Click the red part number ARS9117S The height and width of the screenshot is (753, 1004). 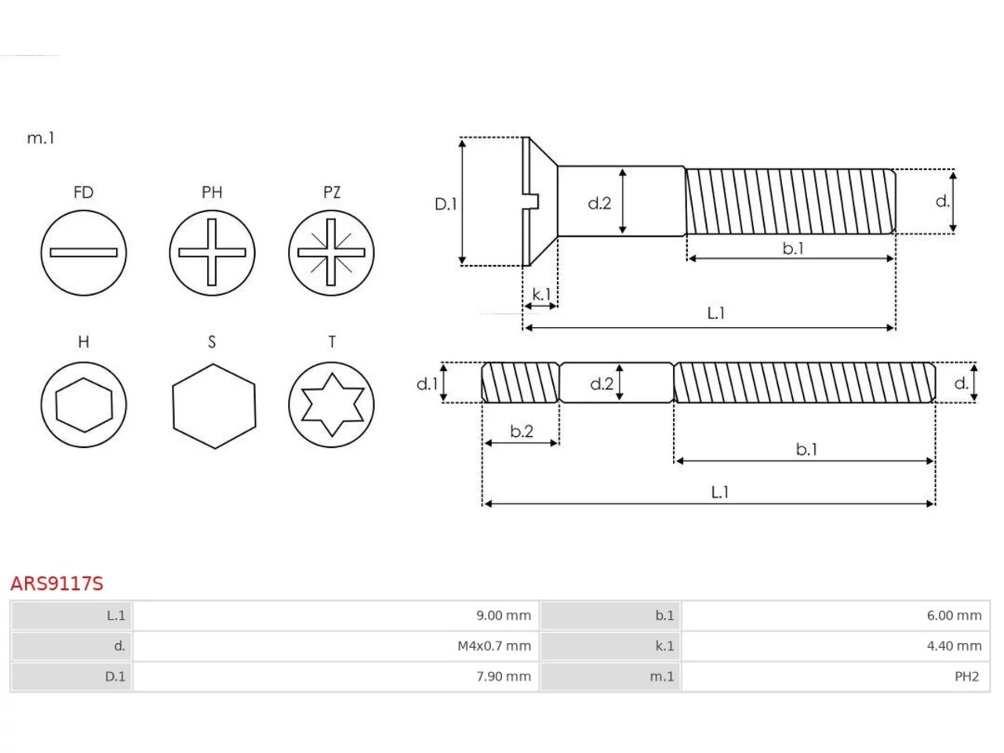point(56,584)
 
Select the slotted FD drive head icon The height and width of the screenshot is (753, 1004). point(84,253)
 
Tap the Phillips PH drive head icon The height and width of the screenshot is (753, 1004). point(212,253)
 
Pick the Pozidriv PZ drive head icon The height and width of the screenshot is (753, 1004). point(331,253)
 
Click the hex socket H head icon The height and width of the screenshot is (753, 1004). point(84,405)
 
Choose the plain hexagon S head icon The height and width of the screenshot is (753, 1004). point(214,406)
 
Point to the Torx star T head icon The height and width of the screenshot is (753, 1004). point(331,405)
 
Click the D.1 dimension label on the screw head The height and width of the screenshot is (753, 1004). point(446,204)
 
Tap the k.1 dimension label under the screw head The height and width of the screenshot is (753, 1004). point(541,294)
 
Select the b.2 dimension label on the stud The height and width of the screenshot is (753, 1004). point(522,431)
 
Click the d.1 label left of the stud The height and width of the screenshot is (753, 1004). point(427,384)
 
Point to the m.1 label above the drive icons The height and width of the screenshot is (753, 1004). point(41,137)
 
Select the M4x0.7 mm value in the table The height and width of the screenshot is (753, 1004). point(494,646)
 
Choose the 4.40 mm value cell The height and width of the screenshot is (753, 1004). point(954,646)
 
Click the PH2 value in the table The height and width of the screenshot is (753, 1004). point(966,676)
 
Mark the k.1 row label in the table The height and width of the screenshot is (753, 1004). point(664,646)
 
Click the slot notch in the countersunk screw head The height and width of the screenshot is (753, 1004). point(532,202)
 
